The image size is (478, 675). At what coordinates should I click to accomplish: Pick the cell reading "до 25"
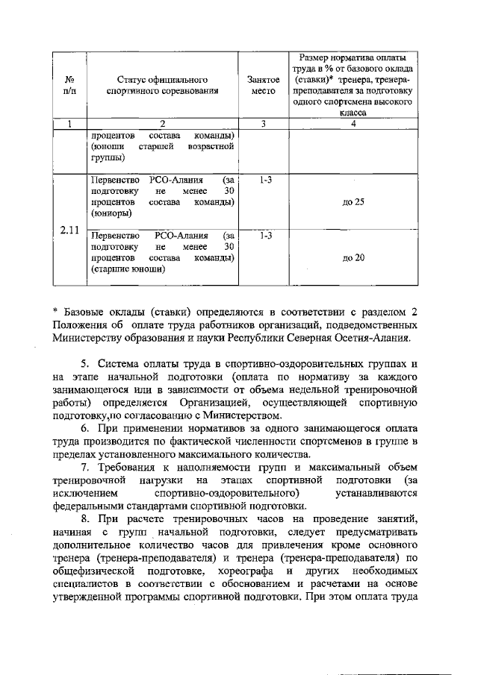[353, 203]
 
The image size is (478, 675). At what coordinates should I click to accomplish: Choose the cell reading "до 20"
[353, 257]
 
